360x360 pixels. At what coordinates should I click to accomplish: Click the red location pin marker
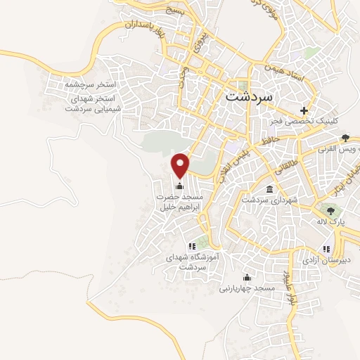[181, 165]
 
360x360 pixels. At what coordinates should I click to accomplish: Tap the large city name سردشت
[251, 97]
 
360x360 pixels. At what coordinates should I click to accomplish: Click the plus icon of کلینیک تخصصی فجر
[304, 110]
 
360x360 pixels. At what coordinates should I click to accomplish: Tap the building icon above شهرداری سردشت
[270, 188]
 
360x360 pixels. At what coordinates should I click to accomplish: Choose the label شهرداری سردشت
[270, 200]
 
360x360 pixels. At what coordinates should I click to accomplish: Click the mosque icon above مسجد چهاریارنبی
[246, 276]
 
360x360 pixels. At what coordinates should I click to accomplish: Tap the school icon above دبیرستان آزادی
[326, 248]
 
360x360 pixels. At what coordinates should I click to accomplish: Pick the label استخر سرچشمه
[90, 84]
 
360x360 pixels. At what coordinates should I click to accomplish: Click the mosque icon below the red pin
[180, 186]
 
